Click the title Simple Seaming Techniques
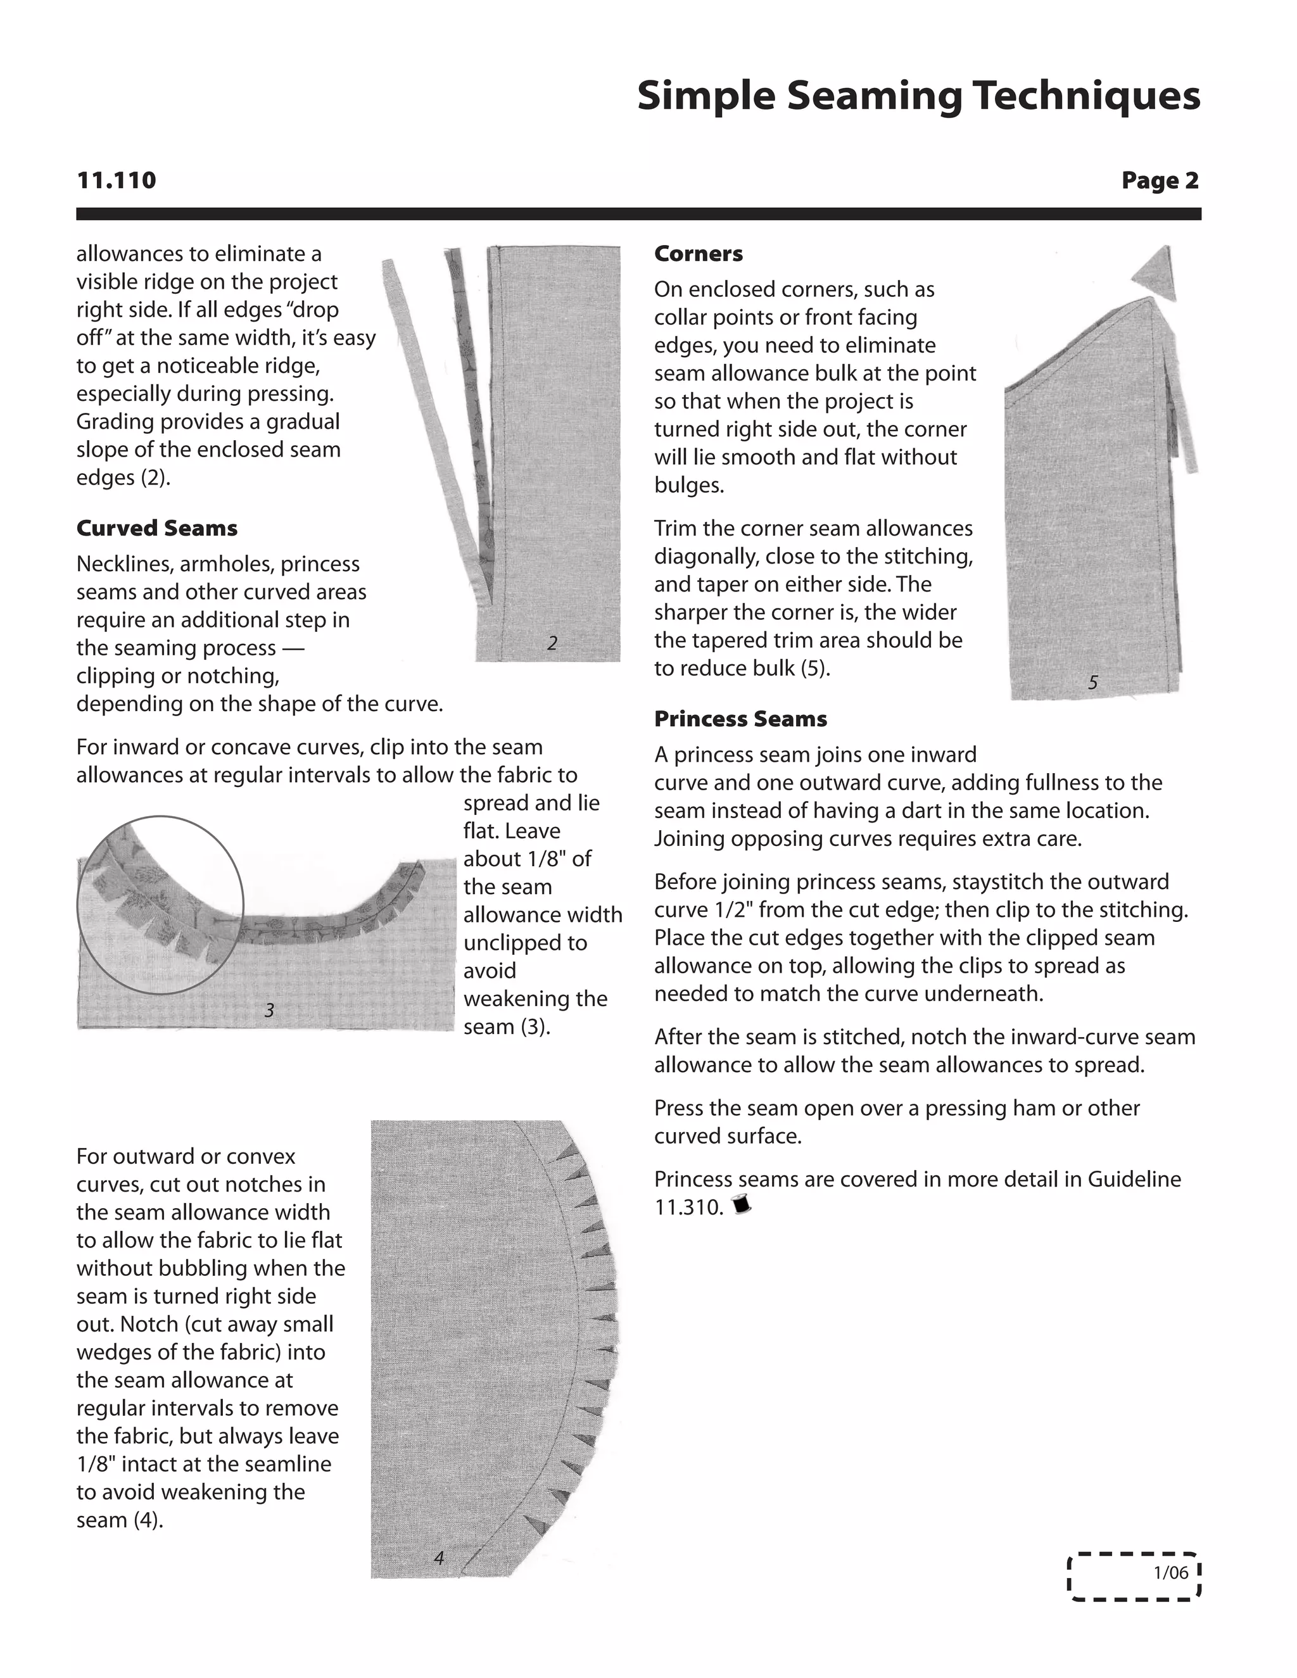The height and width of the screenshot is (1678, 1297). click(918, 96)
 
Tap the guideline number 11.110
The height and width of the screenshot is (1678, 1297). click(116, 180)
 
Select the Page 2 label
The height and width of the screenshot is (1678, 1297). click(1160, 180)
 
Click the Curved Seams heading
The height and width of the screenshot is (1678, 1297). click(157, 529)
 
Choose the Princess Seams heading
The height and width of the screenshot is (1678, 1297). click(740, 719)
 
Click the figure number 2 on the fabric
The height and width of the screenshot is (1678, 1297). click(552, 644)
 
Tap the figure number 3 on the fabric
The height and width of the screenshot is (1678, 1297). click(269, 1011)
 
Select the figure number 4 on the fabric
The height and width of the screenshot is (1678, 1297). click(439, 1558)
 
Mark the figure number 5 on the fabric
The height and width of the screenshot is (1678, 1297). click(1093, 682)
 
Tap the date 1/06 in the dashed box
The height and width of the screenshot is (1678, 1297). click(1170, 1573)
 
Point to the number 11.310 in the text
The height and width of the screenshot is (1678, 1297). click(688, 1207)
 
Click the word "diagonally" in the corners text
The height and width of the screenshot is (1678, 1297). click(705, 556)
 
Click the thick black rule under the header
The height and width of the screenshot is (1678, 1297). click(638, 213)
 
